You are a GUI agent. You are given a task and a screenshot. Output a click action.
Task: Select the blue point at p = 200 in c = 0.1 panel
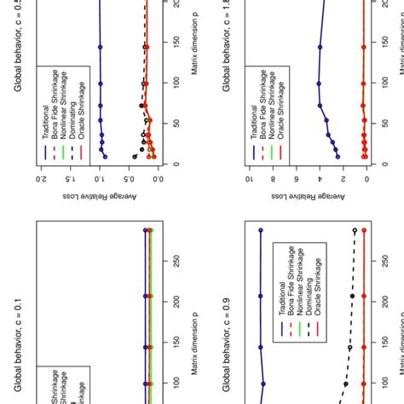click(x=147, y=295)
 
